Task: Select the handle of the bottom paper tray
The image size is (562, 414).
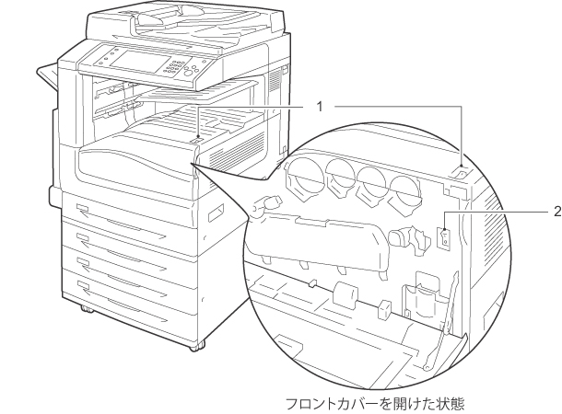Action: coord(85,285)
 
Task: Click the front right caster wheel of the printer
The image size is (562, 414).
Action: coord(196,348)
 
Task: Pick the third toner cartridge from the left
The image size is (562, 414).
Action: coord(370,183)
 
